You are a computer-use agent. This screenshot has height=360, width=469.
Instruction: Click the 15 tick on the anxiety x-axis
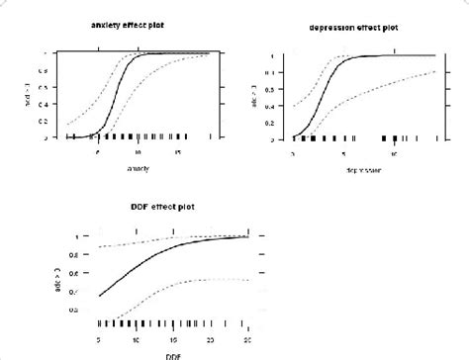click(177, 152)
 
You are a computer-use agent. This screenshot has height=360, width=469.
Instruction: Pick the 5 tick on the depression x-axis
click(343, 153)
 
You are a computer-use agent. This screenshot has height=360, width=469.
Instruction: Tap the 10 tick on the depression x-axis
click(395, 153)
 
